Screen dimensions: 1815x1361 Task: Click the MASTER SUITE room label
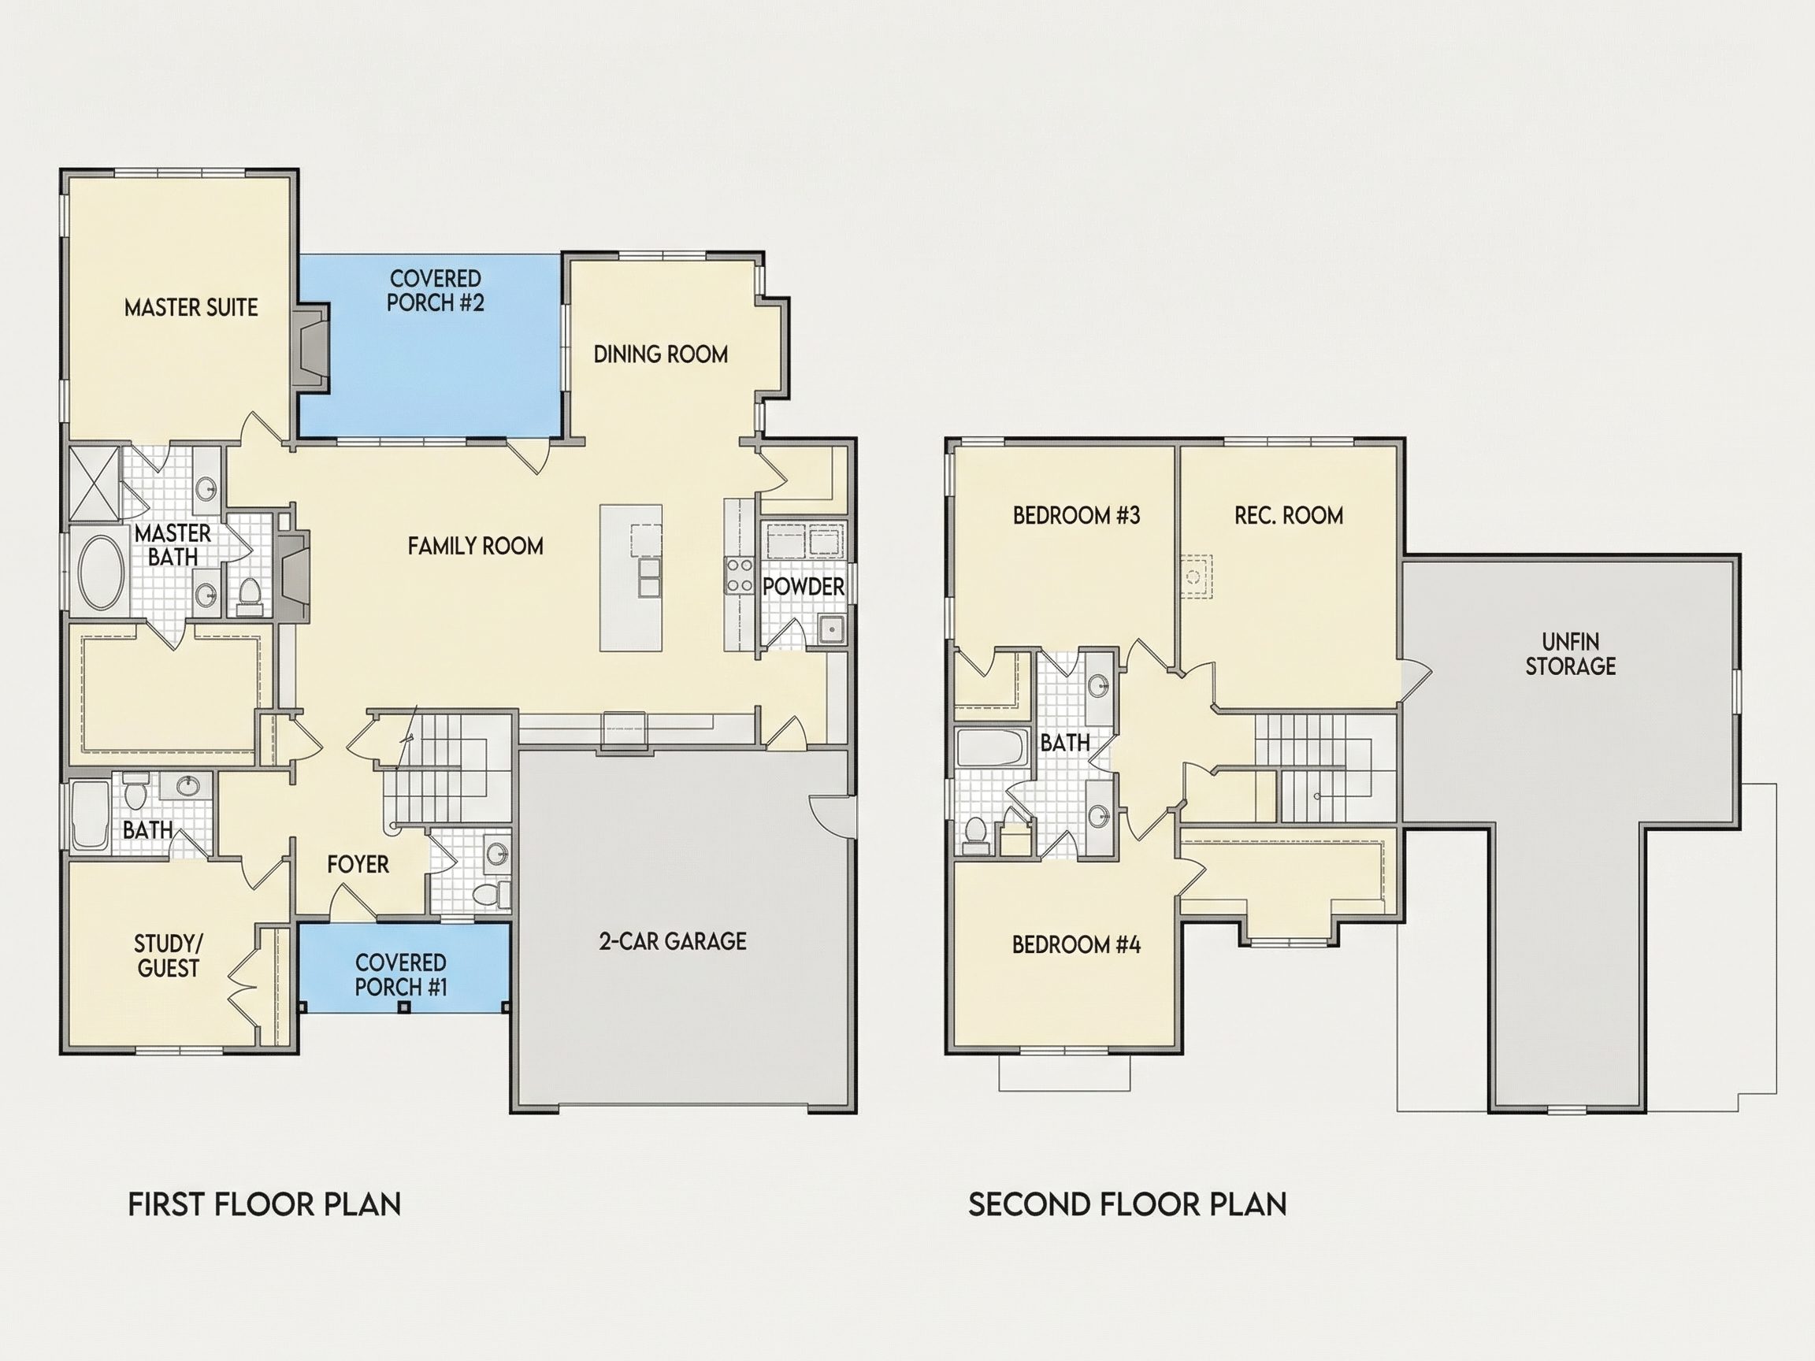click(191, 308)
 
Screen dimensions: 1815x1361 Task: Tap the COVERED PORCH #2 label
click(436, 291)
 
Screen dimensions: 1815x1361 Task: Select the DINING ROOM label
click(660, 354)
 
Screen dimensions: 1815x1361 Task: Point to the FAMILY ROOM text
click(475, 547)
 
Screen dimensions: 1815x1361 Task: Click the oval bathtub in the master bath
click(101, 573)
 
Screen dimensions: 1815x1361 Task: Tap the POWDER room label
click(804, 587)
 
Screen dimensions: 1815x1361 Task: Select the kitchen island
click(630, 577)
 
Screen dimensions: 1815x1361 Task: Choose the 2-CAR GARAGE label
click(673, 941)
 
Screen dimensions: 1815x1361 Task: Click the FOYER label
click(358, 864)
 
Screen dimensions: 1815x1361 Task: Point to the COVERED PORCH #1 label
click(401, 974)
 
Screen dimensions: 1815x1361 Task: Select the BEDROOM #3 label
click(1077, 515)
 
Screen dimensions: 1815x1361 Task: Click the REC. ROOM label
click(1288, 515)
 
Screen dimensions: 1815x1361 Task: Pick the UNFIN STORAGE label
click(1571, 654)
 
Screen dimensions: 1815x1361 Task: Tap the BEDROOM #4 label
click(1077, 945)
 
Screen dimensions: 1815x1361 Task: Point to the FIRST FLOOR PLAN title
click(264, 1205)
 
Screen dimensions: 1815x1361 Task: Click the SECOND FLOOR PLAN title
click(1127, 1205)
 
